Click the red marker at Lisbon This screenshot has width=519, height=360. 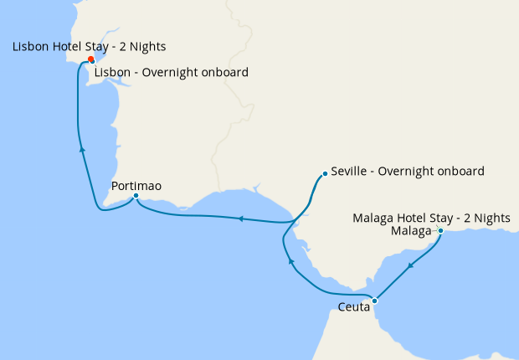[90, 59]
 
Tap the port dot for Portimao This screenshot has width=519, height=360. [136, 197]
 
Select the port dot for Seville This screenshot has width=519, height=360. [325, 174]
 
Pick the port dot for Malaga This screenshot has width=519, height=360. [440, 231]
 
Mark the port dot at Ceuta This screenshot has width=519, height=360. [375, 301]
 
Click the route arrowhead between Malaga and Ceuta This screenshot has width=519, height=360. [410, 266]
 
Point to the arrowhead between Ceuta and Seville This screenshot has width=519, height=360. [290, 263]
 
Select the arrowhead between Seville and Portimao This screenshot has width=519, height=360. [239, 219]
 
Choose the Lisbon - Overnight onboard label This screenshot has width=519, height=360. [171, 72]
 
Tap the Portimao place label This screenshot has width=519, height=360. [136, 185]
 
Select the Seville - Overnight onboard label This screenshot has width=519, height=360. [408, 171]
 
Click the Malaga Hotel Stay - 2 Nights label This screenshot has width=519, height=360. [431, 218]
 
